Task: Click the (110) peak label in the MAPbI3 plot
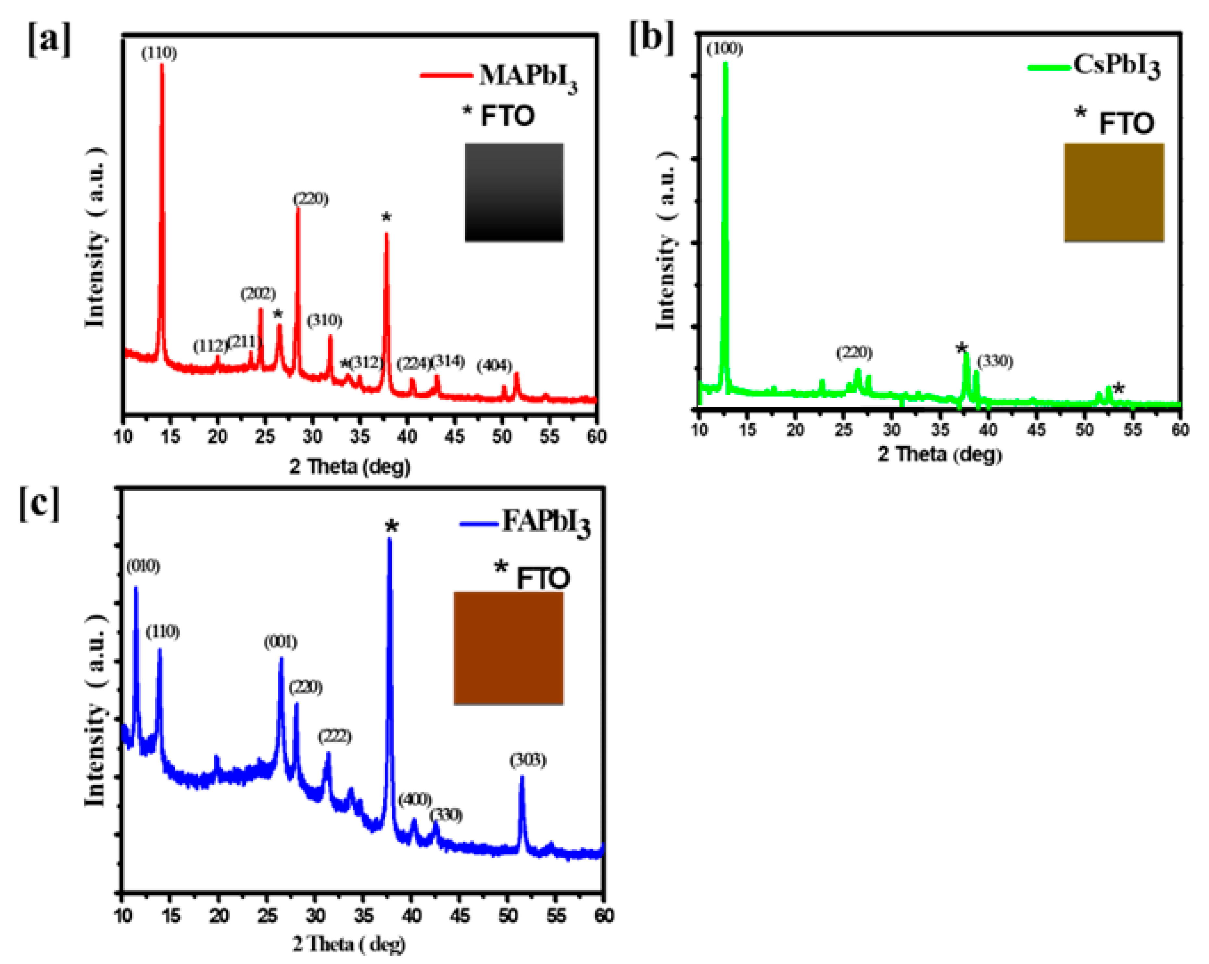159,53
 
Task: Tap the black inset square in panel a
514,192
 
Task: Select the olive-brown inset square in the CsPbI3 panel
1114,192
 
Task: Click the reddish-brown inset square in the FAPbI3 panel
508,648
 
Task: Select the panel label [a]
49,40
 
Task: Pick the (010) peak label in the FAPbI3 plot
143,567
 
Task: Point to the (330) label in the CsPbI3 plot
995,362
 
